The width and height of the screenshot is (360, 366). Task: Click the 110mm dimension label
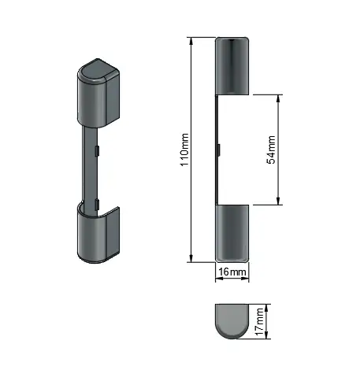click(185, 150)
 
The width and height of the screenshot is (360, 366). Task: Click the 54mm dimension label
click(271, 150)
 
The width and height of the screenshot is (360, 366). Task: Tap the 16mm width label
click(232, 272)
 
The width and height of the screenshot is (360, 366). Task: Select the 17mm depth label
click(259, 322)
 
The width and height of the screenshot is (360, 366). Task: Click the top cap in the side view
click(232, 66)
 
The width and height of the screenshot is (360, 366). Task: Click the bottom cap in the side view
click(232, 233)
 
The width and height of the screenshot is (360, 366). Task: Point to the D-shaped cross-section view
click(232, 321)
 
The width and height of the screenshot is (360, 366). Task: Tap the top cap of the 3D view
click(98, 93)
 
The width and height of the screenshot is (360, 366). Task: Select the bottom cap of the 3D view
click(98, 235)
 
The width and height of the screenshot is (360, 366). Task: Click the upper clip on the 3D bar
click(97, 150)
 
